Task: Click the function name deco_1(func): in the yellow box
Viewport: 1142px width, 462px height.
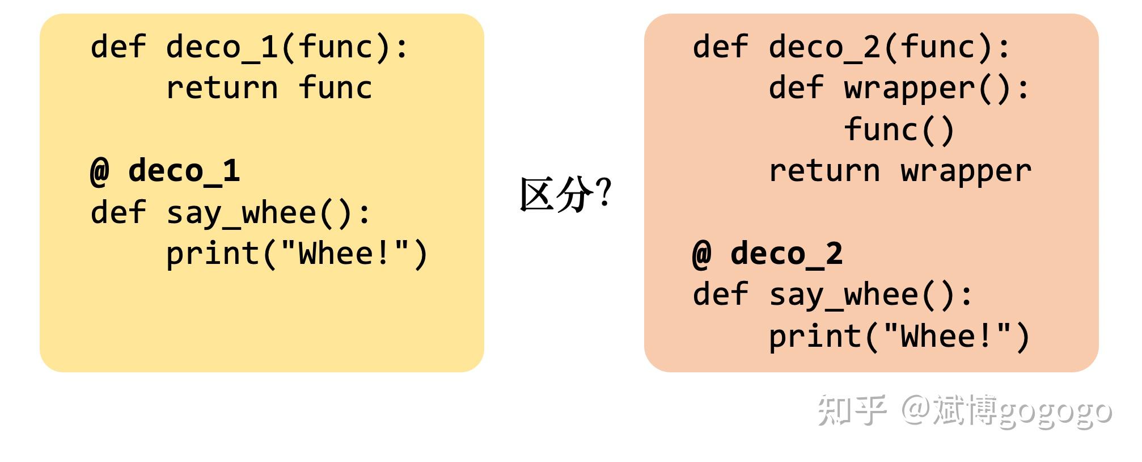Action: pyautogui.click(x=287, y=47)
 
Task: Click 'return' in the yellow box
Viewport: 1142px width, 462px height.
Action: pyautogui.click(x=222, y=89)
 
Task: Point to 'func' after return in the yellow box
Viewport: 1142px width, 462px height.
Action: pyautogui.click(x=335, y=87)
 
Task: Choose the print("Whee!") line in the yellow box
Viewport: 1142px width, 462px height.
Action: pyautogui.click(x=297, y=254)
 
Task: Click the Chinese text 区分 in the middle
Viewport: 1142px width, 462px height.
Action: pyautogui.click(x=556, y=194)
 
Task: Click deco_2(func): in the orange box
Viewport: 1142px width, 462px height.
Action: pyautogui.click(x=890, y=47)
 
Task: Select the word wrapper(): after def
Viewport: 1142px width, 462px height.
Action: pyautogui.click(x=937, y=89)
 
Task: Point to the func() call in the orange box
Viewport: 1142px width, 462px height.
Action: pyautogui.click(x=899, y=129)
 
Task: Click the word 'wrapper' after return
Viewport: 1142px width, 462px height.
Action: pyautogui.click(x=966, y=171)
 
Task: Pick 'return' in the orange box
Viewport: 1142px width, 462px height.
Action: pyautogui.click(x=824, y=171)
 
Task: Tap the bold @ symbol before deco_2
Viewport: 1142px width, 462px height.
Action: pyautogui.click(x=702, y=254)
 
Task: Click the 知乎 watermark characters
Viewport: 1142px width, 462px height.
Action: pyautogui.click(x=851, y=410)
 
